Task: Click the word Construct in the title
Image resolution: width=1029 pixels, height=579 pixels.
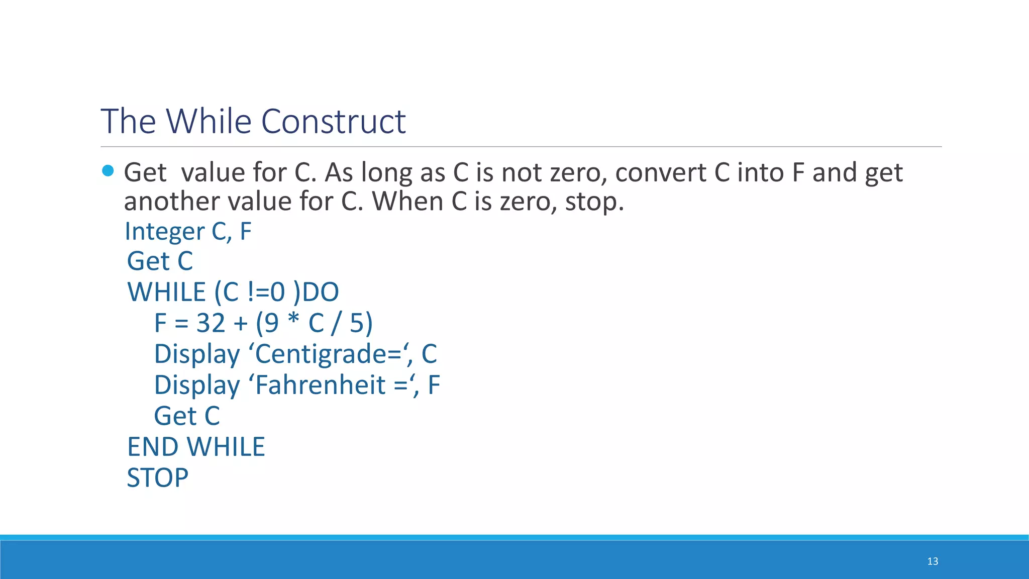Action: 333,122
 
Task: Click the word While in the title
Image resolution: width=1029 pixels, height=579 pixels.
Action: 209,122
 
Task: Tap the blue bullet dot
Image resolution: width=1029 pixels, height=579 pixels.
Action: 108,171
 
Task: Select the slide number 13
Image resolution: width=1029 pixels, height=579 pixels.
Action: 933,561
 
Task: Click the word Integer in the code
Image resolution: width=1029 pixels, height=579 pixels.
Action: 165,232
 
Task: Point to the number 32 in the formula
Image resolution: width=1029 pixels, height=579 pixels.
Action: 211,323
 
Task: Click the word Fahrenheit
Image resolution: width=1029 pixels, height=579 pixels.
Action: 321,385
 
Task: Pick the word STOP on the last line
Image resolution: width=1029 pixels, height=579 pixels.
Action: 157,477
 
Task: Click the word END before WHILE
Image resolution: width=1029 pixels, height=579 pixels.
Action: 152,447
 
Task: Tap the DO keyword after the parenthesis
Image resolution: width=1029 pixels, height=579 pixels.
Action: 321,292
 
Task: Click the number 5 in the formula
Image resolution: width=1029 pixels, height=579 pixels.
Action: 357,323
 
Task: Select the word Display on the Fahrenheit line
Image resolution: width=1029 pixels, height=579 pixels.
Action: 197,385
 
